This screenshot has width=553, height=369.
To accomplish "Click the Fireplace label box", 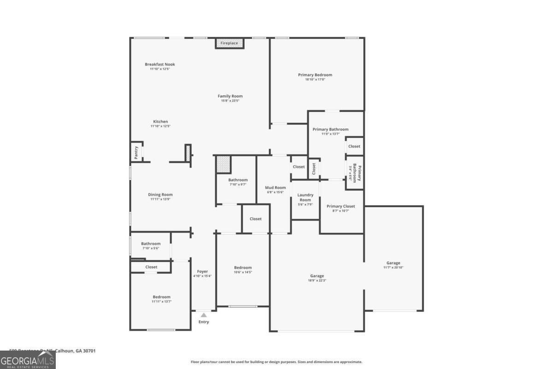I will point(229,43).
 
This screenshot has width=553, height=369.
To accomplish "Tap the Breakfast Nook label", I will point(160,65).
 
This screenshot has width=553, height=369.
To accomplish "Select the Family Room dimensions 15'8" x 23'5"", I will point(230,101).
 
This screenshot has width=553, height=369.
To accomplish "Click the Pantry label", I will point(136,153).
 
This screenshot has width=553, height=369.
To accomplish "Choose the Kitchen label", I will point(160,122).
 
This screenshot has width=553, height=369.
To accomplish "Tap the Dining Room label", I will point(160,195).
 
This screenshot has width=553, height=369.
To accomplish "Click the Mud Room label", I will point(276,188).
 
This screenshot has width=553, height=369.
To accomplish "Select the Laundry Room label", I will point(305,197).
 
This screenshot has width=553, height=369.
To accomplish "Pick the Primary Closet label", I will point(341,206).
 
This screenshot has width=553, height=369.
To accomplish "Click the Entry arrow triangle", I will point(203,315).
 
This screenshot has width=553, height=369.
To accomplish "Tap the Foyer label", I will point(202,272).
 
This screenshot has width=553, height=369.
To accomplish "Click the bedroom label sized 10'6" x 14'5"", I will point(243,268).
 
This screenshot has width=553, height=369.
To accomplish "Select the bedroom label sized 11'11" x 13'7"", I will point(161,297).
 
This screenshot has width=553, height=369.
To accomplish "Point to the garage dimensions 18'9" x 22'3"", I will point(317,280).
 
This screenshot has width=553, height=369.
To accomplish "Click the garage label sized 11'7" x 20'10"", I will point(393,263).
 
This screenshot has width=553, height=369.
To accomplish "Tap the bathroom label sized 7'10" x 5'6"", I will point(151,244).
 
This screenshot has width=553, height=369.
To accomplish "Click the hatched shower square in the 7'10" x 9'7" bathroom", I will point(224,164).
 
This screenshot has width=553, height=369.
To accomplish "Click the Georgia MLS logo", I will point(28,360).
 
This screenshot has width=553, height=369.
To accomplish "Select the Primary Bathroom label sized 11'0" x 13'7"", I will point(330,130).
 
